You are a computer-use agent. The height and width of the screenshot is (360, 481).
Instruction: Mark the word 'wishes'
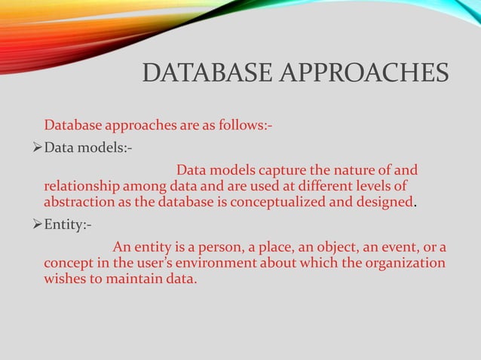click(x=66, y=281)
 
